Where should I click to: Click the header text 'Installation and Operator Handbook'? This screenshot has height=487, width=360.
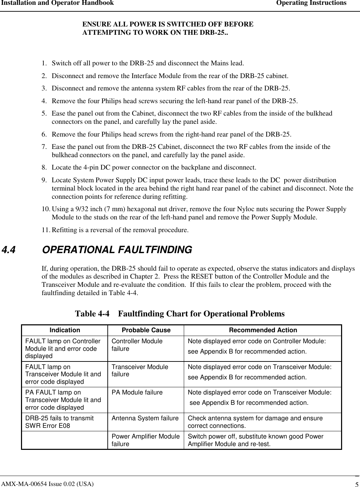pyautogui.click(x=57, y=3)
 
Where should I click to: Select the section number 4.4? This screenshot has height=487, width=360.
pyautogui.click(x=9, y=250)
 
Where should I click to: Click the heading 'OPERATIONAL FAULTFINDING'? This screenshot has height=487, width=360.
pyautogui.click(x=117, y=250)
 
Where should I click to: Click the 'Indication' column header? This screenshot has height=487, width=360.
pyautogui.click(x=65, y=330)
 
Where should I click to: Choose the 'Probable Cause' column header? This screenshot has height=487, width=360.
pyautogui.click(x=146, y=330)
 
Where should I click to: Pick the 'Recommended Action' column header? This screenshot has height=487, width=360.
pyautogui.click(x=263, y=330)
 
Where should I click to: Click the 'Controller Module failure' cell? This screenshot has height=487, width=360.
pyautogui.click(x=137, y=345)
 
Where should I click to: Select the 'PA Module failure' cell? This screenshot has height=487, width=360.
pyautogui.click(x=137, y=392)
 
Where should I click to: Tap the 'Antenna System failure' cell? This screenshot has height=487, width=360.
pyautogui.click(x=145, y=418)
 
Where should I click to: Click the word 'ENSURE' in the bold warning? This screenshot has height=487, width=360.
pyautogui.click(x=94, y=24)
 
